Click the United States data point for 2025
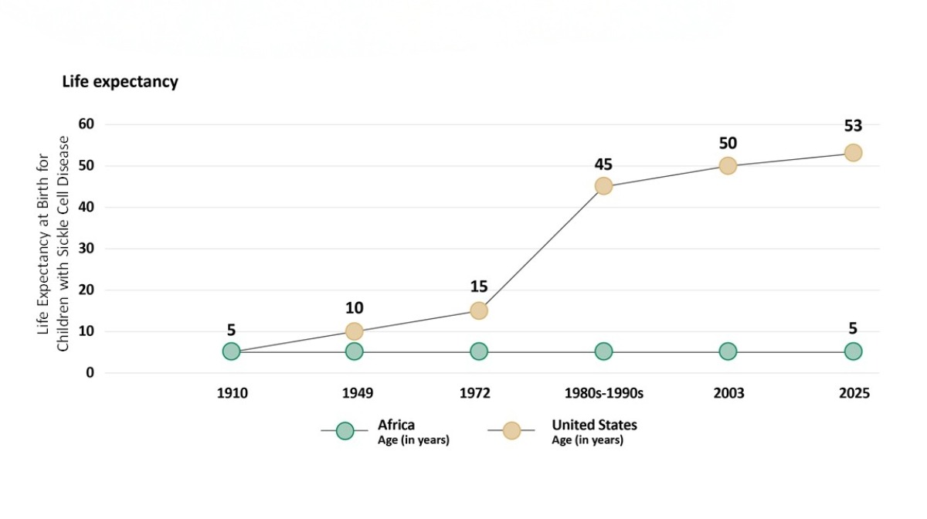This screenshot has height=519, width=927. coord(853,153)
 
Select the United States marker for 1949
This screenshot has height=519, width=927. coord(354,331)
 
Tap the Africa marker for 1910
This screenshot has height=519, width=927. coord(231,351)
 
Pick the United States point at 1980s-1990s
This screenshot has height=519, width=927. coord(603,186)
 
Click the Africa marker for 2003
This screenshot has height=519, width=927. coord(728,351)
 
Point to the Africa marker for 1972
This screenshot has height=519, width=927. coord(479,351)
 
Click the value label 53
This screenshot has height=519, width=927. coord(853,126)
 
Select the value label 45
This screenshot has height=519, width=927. coord(603,164)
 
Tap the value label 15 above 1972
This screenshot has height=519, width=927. coord(479,287)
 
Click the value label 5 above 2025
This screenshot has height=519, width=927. coord(853,328)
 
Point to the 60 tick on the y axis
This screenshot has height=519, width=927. coord(86,124)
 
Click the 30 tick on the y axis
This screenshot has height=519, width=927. coord(86,249)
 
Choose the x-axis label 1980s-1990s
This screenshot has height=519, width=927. coord(603,394)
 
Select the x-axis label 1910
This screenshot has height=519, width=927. coord(232,394)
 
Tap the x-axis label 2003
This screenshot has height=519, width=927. coord(728,394)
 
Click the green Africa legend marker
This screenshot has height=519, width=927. coord(345,431)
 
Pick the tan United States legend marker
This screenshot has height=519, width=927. coord(511,431)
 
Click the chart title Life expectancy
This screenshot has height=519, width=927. coord(120,82)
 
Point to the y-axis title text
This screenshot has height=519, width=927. coord(53,244)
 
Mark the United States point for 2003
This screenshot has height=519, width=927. coord(728,166)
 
